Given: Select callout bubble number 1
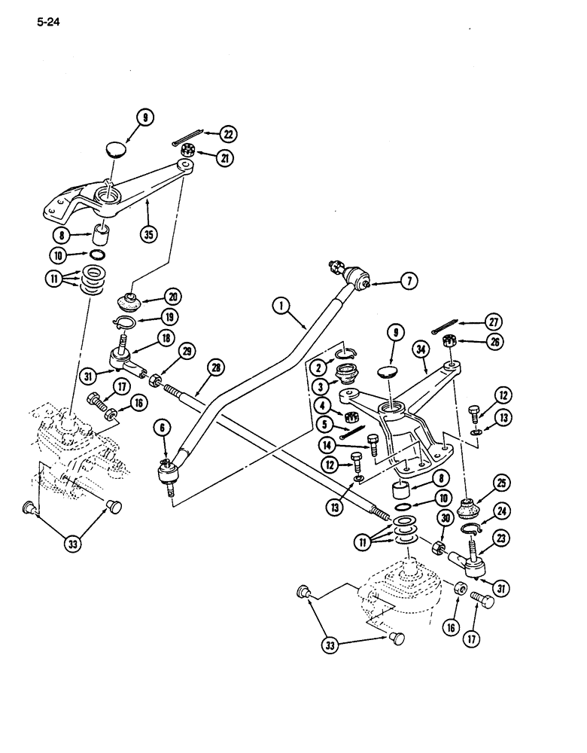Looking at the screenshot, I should point(282,307).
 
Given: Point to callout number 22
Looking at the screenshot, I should point(228,134).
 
